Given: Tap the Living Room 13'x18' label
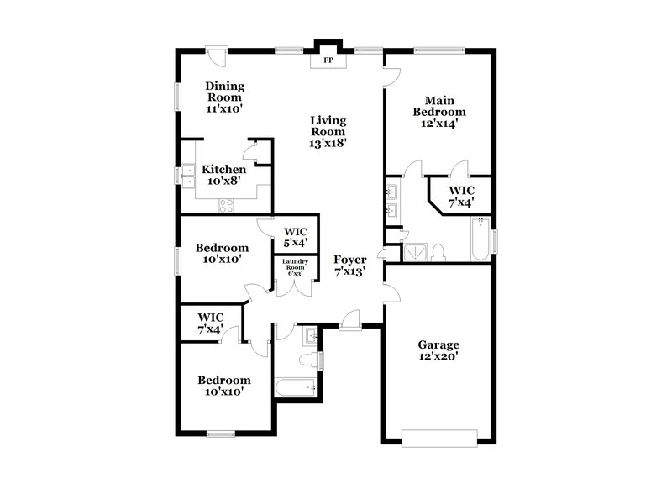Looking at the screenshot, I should point(328,132).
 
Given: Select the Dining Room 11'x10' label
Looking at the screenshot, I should point(224,97).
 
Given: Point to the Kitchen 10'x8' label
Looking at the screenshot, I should point(223,175).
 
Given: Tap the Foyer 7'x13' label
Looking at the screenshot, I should point(349,266).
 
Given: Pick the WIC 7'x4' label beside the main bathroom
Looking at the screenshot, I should point(461,196).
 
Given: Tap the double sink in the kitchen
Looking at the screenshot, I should point(188,176).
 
